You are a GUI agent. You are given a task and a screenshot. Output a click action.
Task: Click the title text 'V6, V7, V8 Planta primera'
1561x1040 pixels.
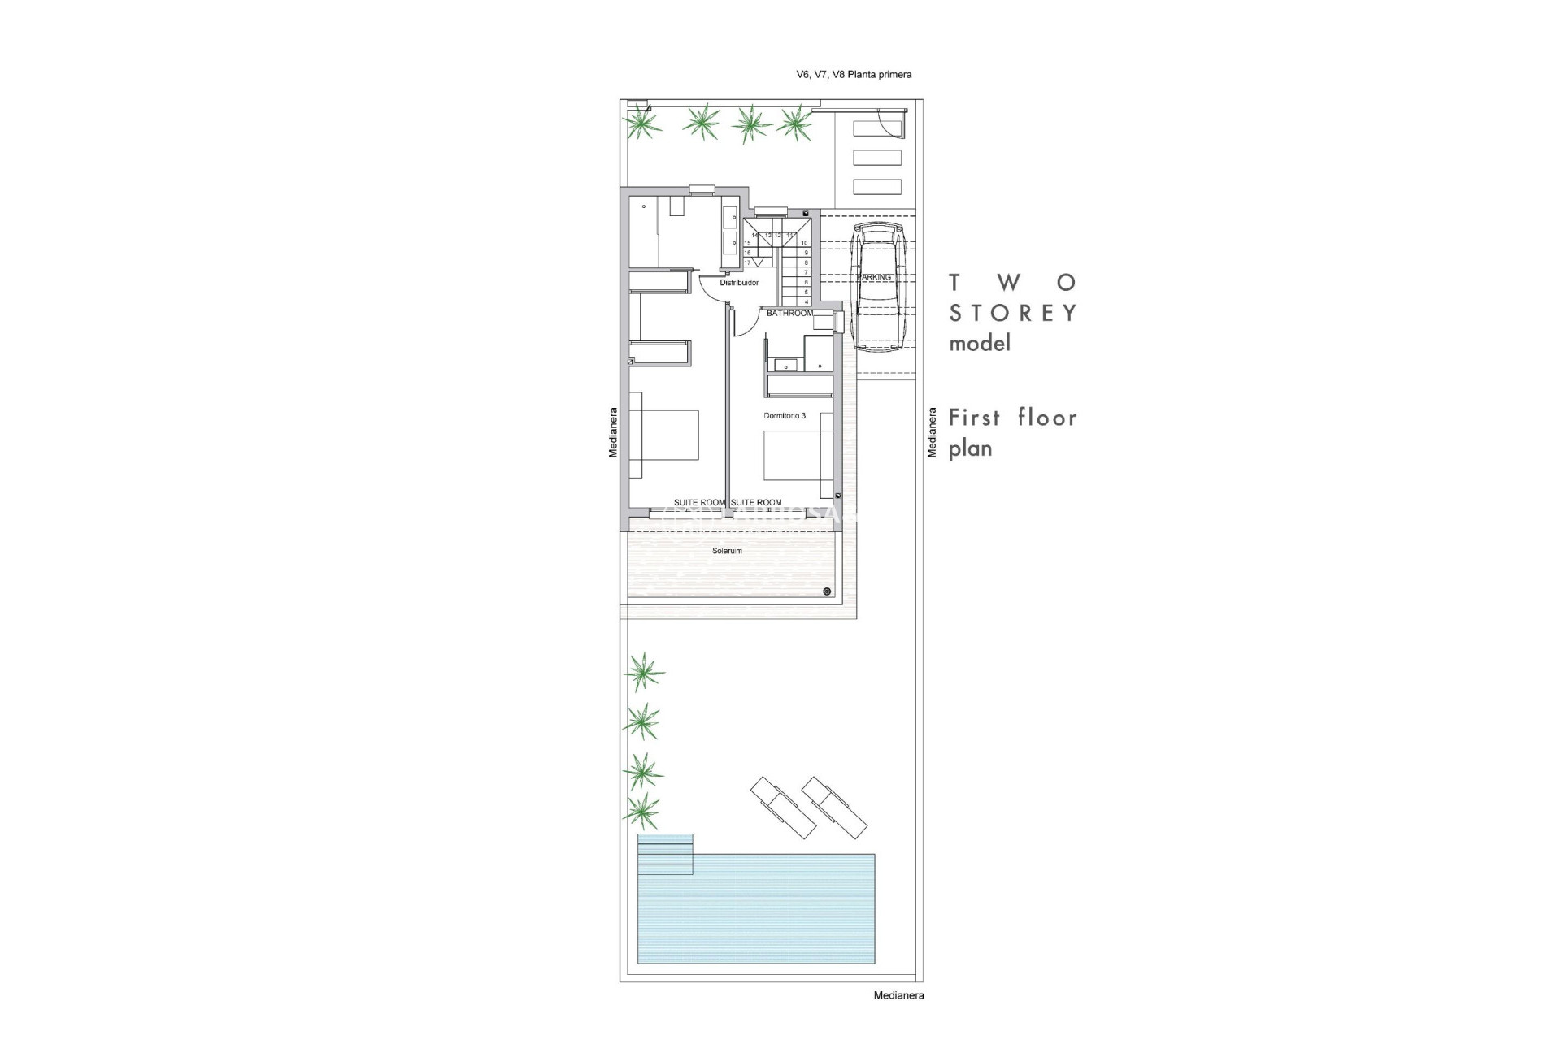pyautogui.click(x=853, y=75)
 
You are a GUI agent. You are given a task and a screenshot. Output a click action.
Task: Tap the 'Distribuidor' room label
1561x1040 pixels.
pyautogui.click(x=739, y=283)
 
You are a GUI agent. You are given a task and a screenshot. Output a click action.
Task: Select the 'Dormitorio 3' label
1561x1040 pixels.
pyautogui.click(x=785, y=415)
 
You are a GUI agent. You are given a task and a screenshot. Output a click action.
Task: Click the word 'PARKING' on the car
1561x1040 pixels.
pyautogui.click(x=874, y=277)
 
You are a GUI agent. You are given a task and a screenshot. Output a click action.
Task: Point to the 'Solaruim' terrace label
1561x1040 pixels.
pyautogui.click(x=727, y=551)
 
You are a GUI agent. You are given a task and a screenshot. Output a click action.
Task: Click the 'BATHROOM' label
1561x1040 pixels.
pyautogui.click(x=789, y=313)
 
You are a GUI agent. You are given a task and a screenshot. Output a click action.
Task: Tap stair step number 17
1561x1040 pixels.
pyautogui.click(x=747, y=262)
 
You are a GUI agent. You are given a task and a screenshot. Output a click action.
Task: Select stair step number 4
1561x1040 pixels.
pyautogui.click(x=806, y=301)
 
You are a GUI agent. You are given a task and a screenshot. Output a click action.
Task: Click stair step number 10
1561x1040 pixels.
pyautogui.click(x=804, y=243)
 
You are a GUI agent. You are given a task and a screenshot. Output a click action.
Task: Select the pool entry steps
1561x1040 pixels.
pyautogui.click(x=665, y=854)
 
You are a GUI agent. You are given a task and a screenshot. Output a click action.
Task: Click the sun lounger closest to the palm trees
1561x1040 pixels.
pyautogui.click(x=782, y=808)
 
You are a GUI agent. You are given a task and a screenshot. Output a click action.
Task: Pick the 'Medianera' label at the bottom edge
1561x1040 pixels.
pyautogui.click(x=898, y=995)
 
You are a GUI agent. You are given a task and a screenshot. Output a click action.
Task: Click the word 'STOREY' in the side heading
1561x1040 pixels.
pyautogui.click(x=1013, y=313)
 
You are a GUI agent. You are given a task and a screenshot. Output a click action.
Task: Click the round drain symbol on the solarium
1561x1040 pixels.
pyautogui.click(x=827, y=591)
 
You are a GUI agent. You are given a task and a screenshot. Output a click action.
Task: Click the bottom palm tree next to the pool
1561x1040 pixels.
pyautogui.click(x=642, y=809)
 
